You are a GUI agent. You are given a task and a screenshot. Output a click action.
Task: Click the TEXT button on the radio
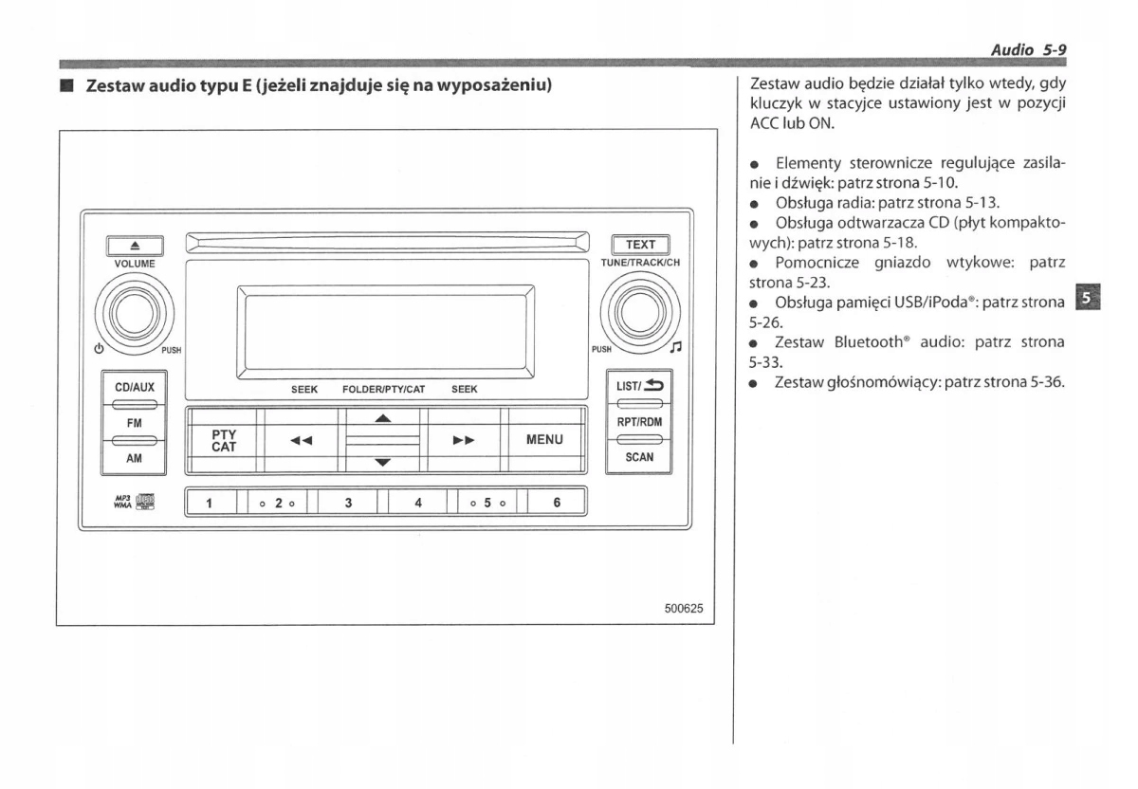(641, 245)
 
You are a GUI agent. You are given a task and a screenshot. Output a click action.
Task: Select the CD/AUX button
(135, 387)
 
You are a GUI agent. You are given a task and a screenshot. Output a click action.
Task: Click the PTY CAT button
(224, 440)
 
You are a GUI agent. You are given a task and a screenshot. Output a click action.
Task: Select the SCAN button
(639, 457)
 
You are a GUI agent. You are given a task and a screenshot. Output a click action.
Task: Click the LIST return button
(639, 387)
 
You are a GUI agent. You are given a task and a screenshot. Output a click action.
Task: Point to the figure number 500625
(683, 608)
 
